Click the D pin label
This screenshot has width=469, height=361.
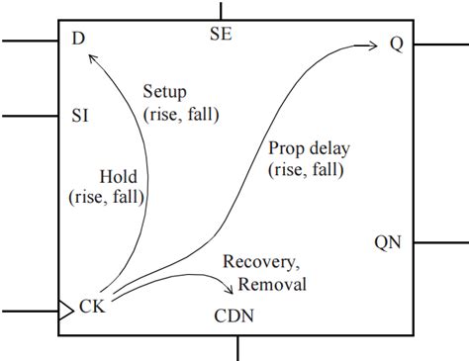click(x=78, y=39)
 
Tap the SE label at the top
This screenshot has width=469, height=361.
click(x=221, y=34)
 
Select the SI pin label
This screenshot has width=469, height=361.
click(x=80, y=116)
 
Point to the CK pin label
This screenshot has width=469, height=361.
click(x=92, y=307)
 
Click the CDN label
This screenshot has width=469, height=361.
click(x=234, y=316)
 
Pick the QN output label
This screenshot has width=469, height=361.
click(x=388, y=243)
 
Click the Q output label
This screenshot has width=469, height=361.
click(x=397, y=44)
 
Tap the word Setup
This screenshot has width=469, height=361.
click(x=165, y=92)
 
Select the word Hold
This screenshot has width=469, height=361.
click(x=119, y=177)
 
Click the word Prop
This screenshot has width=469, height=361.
click(x=286, y=148)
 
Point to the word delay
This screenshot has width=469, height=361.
click(x=329, y=148)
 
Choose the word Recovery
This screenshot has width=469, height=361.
click(x=261, y=262)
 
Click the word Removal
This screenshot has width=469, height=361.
click(x=272, y=284)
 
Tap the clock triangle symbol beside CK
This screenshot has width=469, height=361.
click(x=66, y=311)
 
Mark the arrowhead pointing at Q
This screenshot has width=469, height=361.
click(x=374, y=45)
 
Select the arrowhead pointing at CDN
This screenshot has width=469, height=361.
click(x=230, y=289)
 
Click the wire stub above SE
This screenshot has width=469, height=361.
click(x=221, y=11)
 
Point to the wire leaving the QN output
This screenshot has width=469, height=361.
click(x=441, y=243)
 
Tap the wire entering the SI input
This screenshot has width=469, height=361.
click(x=30, y=116)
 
